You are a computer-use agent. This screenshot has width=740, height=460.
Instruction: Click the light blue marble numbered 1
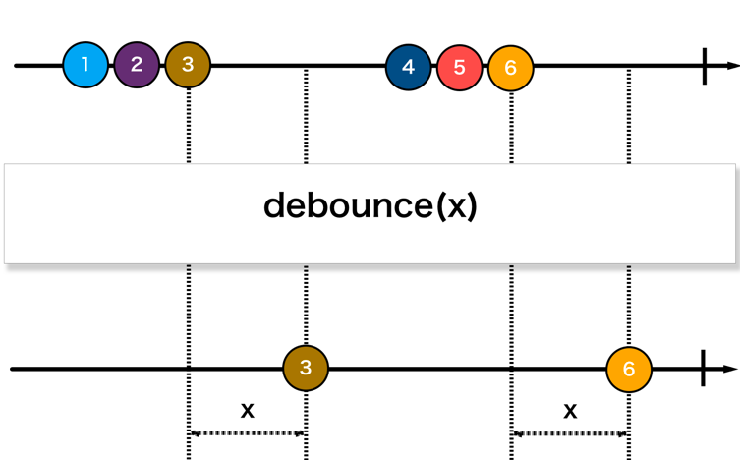point(85,66)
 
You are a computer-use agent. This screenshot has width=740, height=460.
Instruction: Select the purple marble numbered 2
point(137,66)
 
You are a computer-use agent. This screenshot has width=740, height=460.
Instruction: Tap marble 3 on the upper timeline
point(188,66)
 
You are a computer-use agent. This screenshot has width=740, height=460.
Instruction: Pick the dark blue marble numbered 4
point(408,68)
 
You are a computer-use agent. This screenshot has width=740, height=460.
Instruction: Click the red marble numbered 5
point(459,68)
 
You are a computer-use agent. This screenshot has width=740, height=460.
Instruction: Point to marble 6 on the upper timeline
point(510,68)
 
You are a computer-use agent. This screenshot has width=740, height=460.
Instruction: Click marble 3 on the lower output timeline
point(306,369)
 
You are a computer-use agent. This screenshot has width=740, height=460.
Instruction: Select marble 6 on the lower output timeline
point(629,370)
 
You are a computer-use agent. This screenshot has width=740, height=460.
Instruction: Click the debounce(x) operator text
point(370,206)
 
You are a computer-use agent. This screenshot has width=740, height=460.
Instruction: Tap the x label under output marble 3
point(247,410)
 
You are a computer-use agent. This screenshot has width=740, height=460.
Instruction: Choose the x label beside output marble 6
point(570,410)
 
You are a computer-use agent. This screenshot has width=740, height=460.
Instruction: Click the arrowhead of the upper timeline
point(732,66)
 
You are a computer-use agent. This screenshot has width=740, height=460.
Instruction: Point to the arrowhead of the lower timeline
point(732,369)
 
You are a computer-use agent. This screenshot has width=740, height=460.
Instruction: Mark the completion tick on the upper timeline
point(705,66)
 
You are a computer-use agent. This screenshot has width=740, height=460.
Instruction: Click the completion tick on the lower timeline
point(703,369)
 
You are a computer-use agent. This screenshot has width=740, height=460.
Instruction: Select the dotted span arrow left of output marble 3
point(247,432)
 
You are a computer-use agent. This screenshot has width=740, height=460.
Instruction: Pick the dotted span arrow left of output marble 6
point(570,432)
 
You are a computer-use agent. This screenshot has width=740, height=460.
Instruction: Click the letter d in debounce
point(275,206)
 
